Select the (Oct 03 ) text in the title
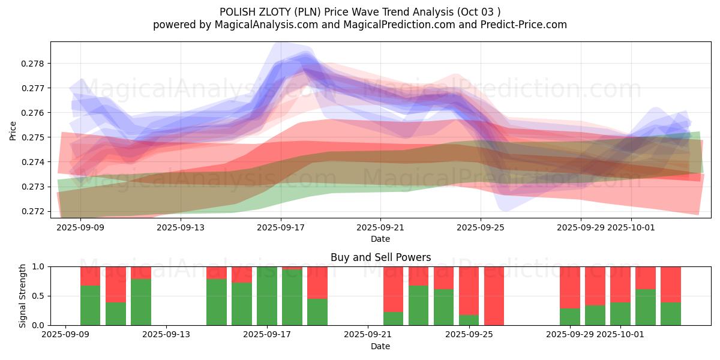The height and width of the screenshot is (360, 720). [x=479, y=11]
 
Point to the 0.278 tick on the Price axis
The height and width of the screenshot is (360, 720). [x=35, y=64]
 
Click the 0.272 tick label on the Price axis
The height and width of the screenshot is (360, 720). [x=35, y=211]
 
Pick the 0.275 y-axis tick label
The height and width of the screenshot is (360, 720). [x=35, y=137]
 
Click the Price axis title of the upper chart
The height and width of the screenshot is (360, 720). [x=13, y=130]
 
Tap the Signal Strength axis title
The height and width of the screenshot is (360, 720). [x=22, y=296]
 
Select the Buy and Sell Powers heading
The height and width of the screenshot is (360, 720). [x=380, y=257]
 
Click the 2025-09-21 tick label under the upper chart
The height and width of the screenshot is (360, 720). [x=380, y=227]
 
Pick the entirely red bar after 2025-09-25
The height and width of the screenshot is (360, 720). [x=494, y=296]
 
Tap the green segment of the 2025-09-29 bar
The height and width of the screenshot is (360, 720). [x=570, y=317]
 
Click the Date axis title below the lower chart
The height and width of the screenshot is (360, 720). [x=380, y=346]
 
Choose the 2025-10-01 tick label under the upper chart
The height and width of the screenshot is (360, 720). [x=631, y=227]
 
